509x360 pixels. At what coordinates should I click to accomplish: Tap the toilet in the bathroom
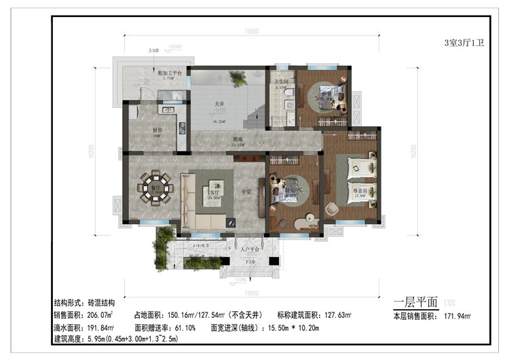pyautogui.click(x=288, y=92)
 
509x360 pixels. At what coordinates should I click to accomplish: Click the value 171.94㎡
pyautogui.click(x=457, y=317)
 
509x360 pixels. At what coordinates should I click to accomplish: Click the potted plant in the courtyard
pyautogui.click(x=238, y=81)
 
